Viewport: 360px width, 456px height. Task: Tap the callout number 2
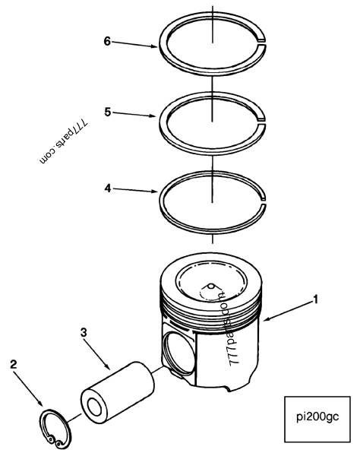point(13,364)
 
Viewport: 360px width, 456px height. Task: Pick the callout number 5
point(108,112)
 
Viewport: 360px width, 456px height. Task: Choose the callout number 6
point(108,41)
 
